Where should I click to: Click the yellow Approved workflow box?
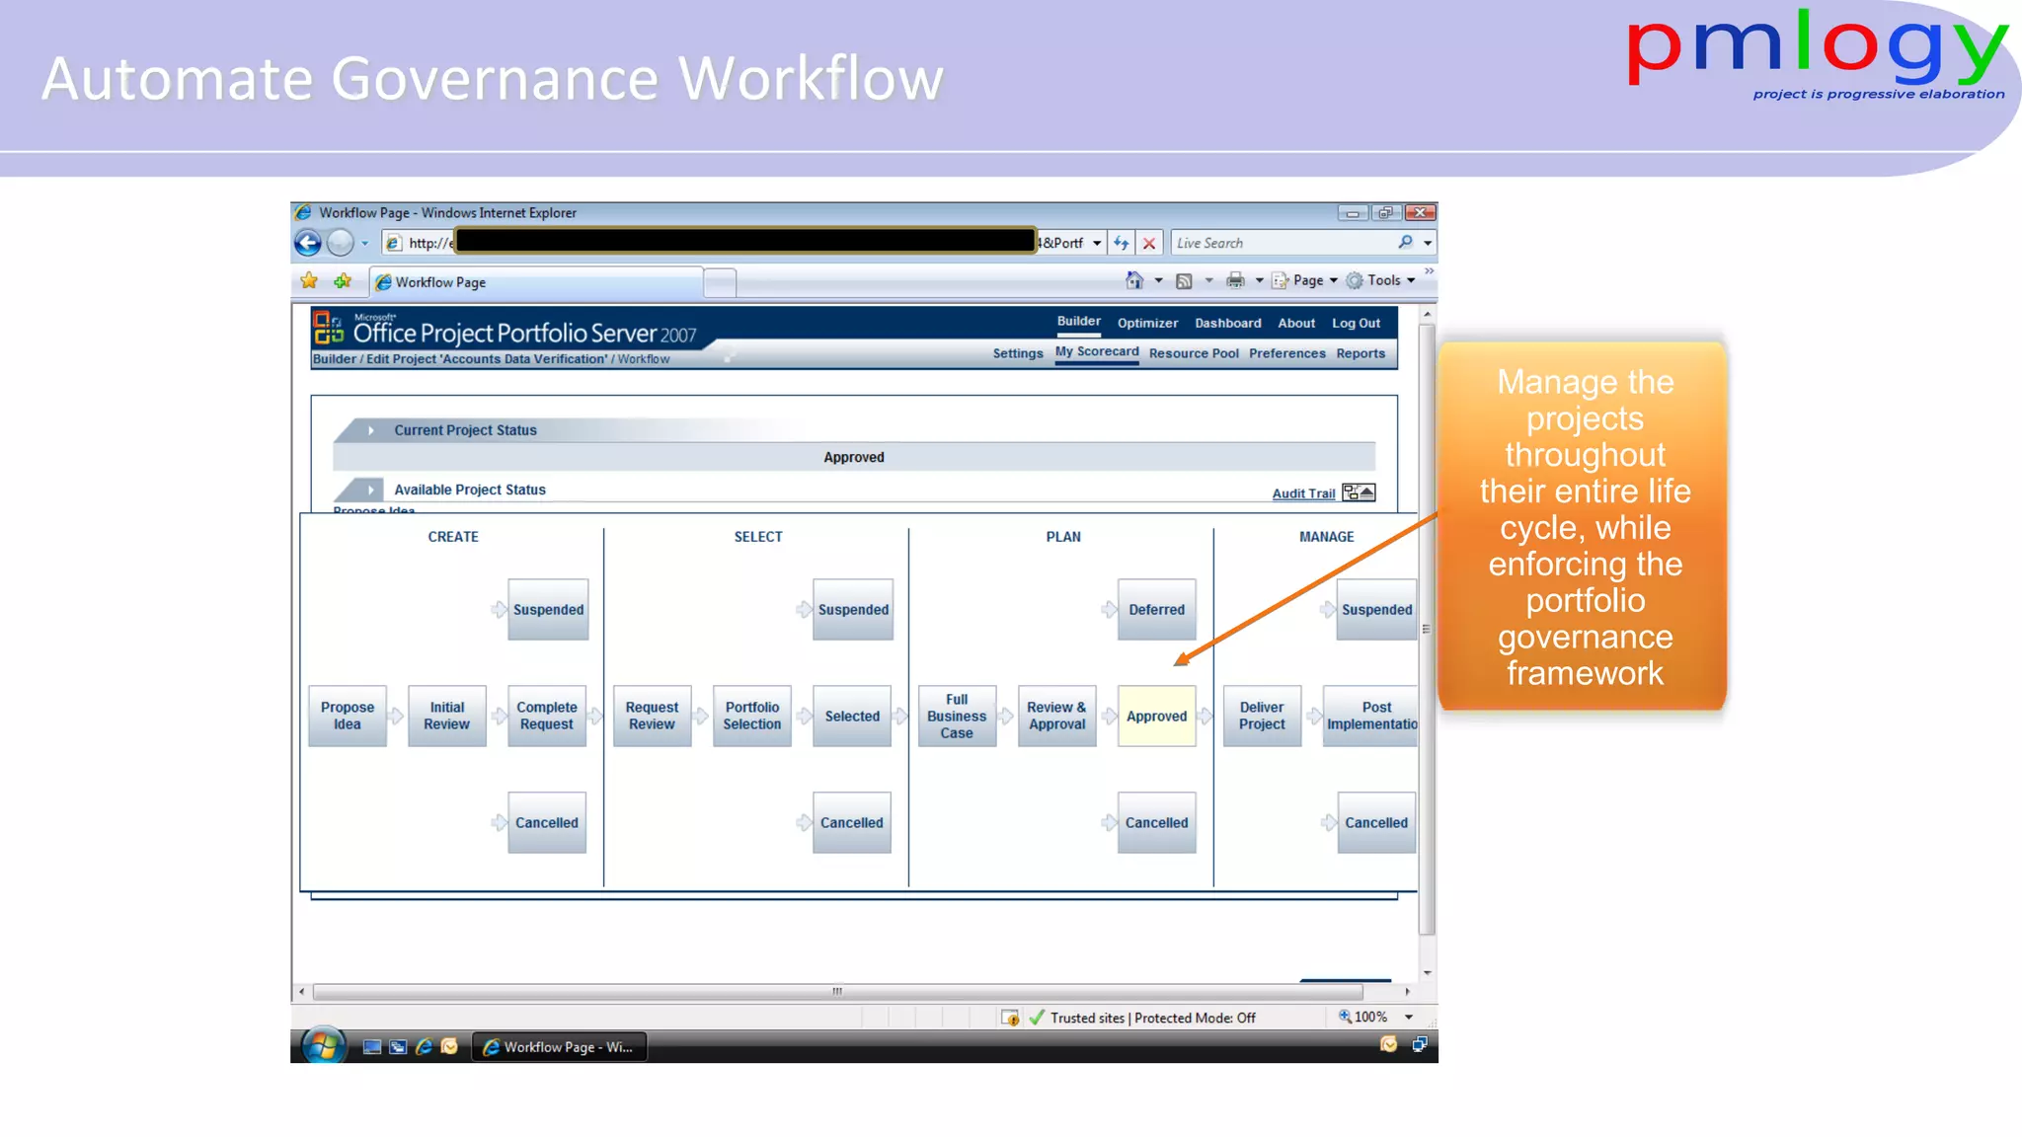[1156, 717]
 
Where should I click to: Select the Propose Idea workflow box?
[348, 717]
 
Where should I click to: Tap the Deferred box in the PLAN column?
[1156, 610]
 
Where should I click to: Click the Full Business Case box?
[957, 717]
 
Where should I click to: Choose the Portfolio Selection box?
[751, 717]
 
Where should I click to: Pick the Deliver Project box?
[1262, 717]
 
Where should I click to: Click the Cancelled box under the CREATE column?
[547, 823]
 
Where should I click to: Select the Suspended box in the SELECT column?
[853, 610]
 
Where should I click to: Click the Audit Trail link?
[1303, 493]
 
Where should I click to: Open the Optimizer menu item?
[1147, 324]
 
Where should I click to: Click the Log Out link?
[1356, 324]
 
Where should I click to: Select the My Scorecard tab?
[1097, 352]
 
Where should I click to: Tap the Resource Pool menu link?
[1194, 353]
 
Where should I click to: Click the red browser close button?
[1420, 213]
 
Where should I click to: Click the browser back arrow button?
[308, 243]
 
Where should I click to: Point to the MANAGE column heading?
[1326, 537]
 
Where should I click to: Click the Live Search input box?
[1283, 243]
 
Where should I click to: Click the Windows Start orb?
[323, 1046]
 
